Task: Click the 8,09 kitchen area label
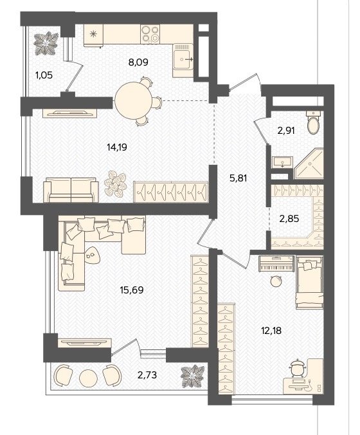pos(138,62)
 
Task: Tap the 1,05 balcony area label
pos(44,75)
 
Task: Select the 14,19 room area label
pos(117,147)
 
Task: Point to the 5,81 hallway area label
pos(238,178)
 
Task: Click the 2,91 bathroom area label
pos(285,131)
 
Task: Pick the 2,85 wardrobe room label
pos(289,219)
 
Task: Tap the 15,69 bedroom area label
pos(132,290)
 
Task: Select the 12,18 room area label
pos(271,330)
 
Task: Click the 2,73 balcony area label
pos(147,375)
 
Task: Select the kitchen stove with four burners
pos(150,34)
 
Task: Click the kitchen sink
pos(183,59)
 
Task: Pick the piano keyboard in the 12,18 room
pos(276,264)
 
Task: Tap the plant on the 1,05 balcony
pos(46,43)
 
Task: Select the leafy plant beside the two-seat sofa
pos(115,183)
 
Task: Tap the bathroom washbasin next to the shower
pos(282,162)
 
